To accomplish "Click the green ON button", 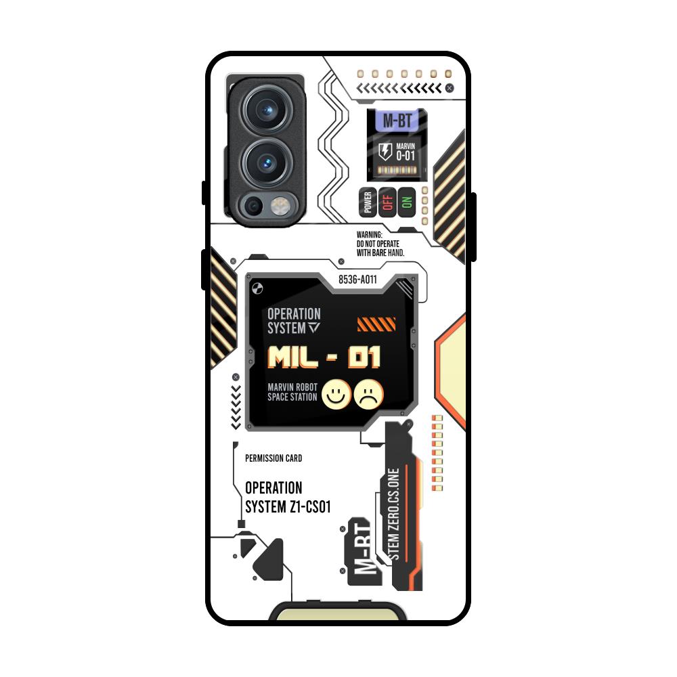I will pos(407,202).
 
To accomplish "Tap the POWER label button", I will pos(368,202).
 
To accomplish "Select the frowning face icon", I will pos(368,394).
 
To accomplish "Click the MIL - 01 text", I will pos(324,357).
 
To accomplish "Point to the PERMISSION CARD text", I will pos(274,458).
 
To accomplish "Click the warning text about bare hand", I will pos(380,244).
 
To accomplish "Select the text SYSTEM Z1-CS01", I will pos(287,506).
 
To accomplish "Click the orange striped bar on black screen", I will pos(376,324).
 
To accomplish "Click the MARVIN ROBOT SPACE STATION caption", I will pos(292,392).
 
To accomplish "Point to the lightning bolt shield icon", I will pos(384,150).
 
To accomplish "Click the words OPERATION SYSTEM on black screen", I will pos(294,321).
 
